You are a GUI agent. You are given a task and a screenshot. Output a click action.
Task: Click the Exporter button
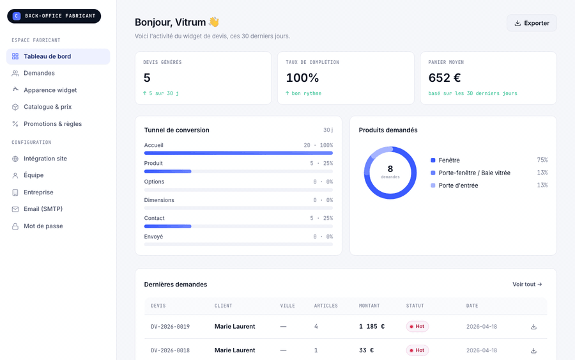click(532, 23)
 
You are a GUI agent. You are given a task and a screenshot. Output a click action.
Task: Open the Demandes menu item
click(39, 73)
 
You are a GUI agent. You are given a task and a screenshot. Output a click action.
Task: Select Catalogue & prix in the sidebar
click(48, 107)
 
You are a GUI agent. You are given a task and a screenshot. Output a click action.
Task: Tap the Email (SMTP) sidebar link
click(43, 209)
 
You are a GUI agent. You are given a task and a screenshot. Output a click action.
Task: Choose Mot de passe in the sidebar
click(43, 226)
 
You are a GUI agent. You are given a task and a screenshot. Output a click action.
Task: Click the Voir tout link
click(527, 285)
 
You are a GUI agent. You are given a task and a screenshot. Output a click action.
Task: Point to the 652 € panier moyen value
click(445, 78)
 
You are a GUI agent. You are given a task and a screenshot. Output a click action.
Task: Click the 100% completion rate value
click(302, 78)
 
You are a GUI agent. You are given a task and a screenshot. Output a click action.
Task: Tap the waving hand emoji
click(214, 22)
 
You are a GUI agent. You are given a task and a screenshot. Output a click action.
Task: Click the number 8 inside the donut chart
click(390, 169)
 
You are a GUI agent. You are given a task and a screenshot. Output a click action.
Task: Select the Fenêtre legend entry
click(449, 160)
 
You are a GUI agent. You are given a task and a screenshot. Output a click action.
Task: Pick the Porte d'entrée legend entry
click(458, 185)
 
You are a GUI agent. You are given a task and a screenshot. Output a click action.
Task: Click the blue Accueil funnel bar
click(238, 153)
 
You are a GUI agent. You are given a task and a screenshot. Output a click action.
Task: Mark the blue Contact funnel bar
click(167, 226)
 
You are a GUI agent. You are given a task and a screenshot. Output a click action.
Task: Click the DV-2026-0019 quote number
click(170, 327)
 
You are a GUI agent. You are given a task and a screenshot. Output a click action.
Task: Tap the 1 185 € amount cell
click(372, 327)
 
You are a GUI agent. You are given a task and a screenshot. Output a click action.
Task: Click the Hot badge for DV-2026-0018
click(417, 350)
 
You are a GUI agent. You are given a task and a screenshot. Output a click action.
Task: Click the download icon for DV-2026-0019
click(533, 327)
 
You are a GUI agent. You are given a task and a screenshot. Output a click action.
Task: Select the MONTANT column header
click(369, 306)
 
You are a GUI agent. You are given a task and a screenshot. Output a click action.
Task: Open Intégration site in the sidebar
click(45, 159)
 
